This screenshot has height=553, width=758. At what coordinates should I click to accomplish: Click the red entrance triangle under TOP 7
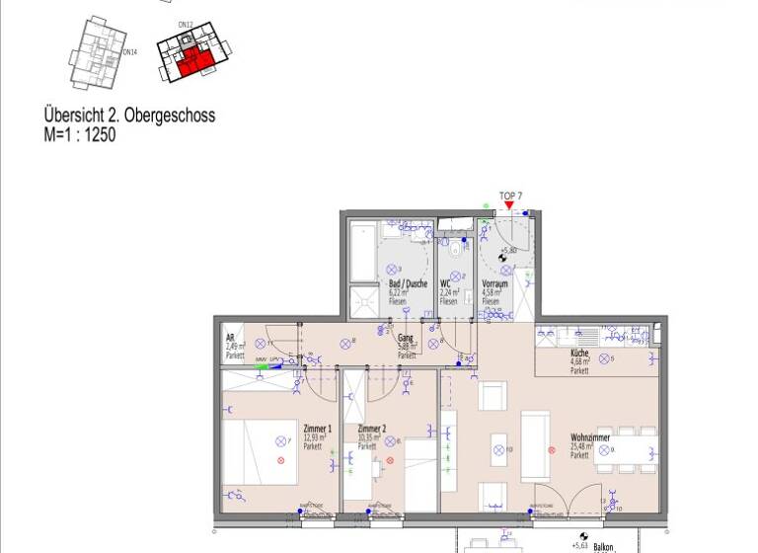[x=509, y=205]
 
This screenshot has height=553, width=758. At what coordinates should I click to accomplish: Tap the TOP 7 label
[x=510, y=195]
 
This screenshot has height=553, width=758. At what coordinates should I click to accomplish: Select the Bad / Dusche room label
[x=408, y=284]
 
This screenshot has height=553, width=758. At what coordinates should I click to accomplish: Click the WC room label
[x=446, y=284]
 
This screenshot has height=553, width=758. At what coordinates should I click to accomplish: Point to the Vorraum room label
[x=495, y=284]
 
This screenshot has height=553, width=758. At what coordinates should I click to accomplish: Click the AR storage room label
[x=230, y=337]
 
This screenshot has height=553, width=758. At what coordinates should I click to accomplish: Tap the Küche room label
[x=579, y=353]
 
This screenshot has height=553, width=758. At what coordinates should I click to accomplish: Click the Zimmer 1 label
[x=317, y=428]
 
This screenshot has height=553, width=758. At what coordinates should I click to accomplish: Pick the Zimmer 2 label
[x=371, y=428]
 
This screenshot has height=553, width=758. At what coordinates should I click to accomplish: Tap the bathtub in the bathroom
[x=362, y=251]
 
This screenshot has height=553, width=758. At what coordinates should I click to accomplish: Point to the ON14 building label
[x=129, y=51]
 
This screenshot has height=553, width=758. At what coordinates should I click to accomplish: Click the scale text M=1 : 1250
[x=79, y=135]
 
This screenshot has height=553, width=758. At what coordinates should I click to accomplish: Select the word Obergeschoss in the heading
[x=169, y=116]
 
